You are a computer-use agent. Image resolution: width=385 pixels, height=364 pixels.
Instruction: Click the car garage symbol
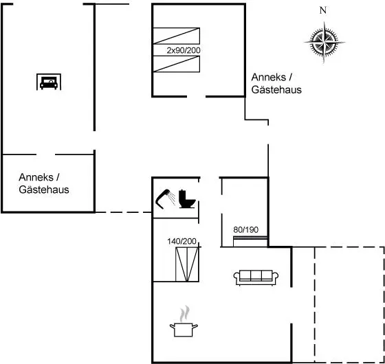tap(49, 82)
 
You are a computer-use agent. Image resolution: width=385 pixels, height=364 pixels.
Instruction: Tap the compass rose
tap(324, 43)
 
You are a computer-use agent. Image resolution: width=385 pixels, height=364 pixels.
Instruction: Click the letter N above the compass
tap(323, 10)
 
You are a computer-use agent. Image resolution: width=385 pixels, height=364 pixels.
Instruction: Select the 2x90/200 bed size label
tap(184, 51)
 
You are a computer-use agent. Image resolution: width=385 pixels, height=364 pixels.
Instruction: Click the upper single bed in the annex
tap(176, 36)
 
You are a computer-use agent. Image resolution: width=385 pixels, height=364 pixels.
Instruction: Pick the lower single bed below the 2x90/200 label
tap(176, 64)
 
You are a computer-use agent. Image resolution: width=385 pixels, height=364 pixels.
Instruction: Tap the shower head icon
tap(165, 199)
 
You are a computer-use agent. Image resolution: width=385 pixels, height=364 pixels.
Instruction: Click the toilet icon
tap(187, 199)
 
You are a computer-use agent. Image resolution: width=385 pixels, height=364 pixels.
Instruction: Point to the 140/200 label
tap(181, 241)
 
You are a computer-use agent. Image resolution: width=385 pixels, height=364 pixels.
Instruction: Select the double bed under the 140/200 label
tap(187, 264)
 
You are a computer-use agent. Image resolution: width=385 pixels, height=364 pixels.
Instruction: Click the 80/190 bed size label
tap(246, 230)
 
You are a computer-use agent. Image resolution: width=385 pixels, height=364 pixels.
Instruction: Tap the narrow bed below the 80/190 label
tap(250, 241)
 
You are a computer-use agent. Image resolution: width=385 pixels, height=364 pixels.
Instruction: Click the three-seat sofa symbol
tap(256, 277)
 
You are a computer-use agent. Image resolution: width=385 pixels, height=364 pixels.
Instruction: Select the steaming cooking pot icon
tap(184, 321)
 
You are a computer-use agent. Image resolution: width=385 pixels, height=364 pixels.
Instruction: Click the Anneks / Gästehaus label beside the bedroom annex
tap(276, 83)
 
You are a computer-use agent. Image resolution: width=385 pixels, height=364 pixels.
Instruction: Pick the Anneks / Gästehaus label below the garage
tap(44, 183)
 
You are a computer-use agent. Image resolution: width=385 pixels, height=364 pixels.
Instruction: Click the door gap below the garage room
tap(45, 155)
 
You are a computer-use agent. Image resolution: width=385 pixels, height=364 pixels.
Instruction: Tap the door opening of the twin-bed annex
tap(196, 96)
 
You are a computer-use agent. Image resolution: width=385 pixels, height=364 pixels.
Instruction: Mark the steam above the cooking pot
tap(184, 313)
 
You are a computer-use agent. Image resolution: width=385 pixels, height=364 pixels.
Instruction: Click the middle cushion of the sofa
tap(256, 275)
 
